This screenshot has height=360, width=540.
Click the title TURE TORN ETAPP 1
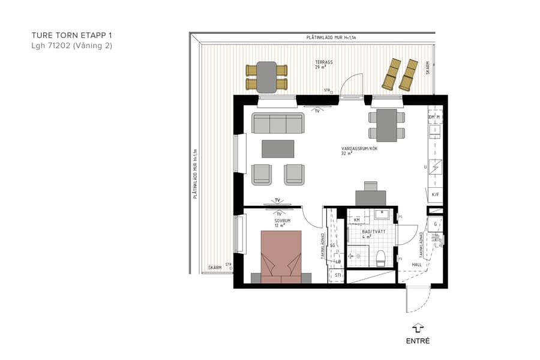(71, 35)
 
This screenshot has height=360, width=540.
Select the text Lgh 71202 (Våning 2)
(71, 46)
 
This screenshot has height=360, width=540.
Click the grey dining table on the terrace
(267, 77)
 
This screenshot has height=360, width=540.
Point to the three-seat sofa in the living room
(277, 124)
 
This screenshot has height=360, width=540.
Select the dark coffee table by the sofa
(278, 148)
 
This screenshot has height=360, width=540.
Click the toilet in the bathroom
(380, 258)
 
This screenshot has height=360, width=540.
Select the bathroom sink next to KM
(382, 214)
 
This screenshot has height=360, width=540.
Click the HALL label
(417, 264)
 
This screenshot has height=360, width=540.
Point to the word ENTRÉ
(418, 341)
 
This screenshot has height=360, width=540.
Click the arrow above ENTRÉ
(418, 328)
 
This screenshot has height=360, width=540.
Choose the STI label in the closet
(338, 275)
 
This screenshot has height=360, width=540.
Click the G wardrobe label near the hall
(436, 224)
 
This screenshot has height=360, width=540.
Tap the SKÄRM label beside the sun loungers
(428, 68)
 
